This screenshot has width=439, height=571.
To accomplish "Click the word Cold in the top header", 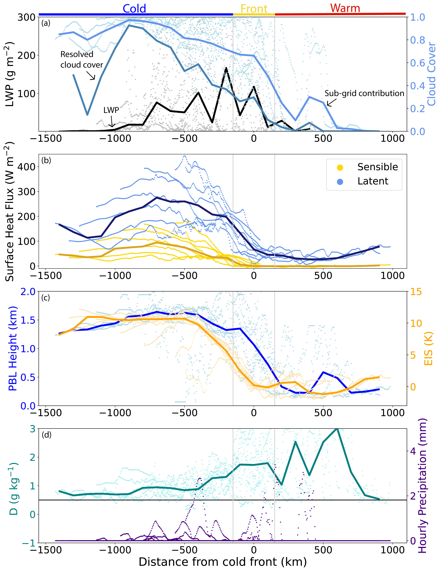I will pos(134,9).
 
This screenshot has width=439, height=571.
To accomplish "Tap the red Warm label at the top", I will pos(345,8).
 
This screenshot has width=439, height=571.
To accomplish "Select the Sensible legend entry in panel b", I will pos(377,167).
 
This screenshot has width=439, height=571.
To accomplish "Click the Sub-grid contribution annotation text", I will pos(364,93).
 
